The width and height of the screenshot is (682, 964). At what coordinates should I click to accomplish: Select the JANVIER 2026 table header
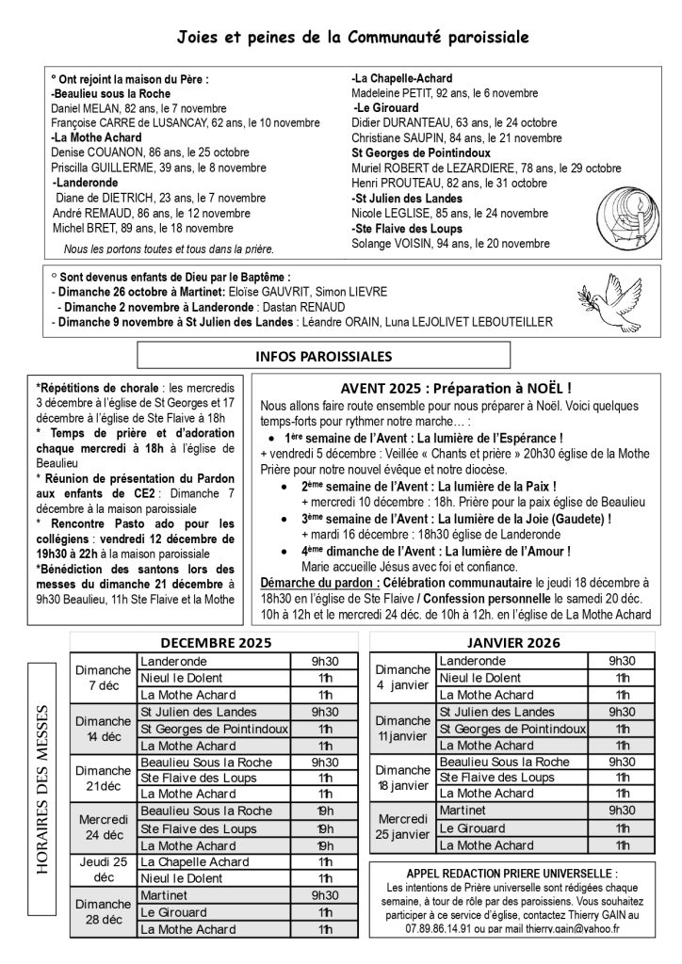pyautogui.click(x=513, y=643)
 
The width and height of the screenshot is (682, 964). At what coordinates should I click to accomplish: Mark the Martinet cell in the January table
pyautogui.click(x=463, y=809)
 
